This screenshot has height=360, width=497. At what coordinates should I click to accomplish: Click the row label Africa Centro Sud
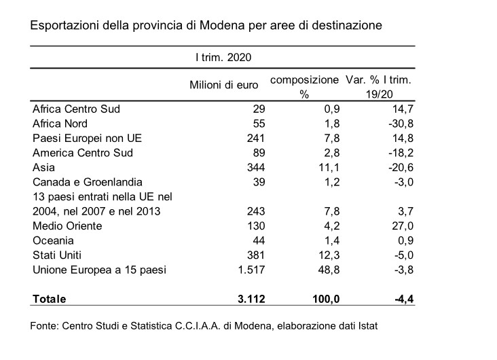tap(77, 109)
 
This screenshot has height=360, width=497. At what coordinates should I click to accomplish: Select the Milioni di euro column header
tap(224, 85)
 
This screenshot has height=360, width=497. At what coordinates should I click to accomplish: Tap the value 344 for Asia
tap(256, 168)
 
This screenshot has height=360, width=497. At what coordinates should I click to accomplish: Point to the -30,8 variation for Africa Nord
tap(401, 124)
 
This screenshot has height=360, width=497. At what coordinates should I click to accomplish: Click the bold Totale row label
tap(50, 299)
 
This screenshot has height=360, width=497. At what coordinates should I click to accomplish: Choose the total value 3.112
tap(251, 299)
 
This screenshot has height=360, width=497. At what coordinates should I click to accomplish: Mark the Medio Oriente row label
tap(67, 226)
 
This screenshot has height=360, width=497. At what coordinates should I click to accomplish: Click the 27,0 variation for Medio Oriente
tap(403, 226)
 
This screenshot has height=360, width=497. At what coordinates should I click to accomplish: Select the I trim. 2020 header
tap(223, 58)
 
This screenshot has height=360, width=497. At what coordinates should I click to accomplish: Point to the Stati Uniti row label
tap(57, 255)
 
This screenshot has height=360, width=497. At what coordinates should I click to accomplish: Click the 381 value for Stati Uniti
tap(256, 255)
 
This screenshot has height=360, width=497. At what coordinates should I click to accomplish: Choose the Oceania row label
tap(53, 240)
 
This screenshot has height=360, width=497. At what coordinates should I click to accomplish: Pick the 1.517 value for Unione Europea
tap(251, 270)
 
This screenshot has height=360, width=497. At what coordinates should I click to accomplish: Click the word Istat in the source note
tap(368, 326)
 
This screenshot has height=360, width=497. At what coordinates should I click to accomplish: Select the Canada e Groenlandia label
tap(88, 183)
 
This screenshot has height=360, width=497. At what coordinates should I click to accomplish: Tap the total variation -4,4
tap(404, 299)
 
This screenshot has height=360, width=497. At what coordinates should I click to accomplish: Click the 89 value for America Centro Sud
tap(259, 153)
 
